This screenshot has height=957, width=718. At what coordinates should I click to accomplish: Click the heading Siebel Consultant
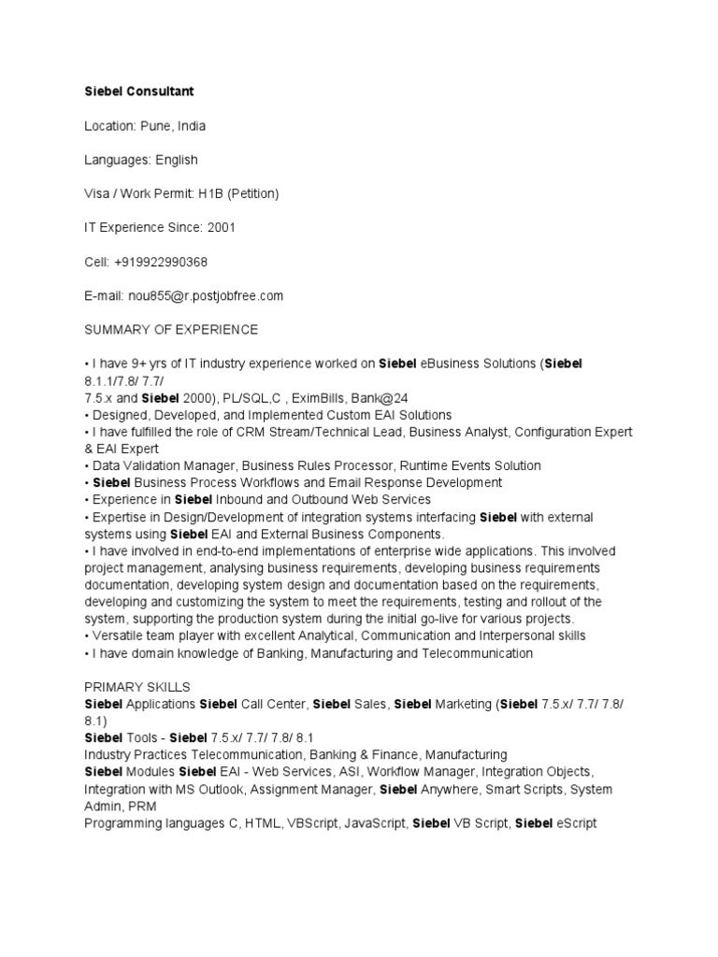[x=139, y=92]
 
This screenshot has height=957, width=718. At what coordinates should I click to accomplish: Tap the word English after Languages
[x=177, y=160]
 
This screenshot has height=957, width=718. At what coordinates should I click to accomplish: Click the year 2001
[x=221, y=228]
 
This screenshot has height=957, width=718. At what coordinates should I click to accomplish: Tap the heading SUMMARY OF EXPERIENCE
[x=171, y=330]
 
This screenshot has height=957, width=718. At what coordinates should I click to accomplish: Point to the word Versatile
[x=119, y=636]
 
